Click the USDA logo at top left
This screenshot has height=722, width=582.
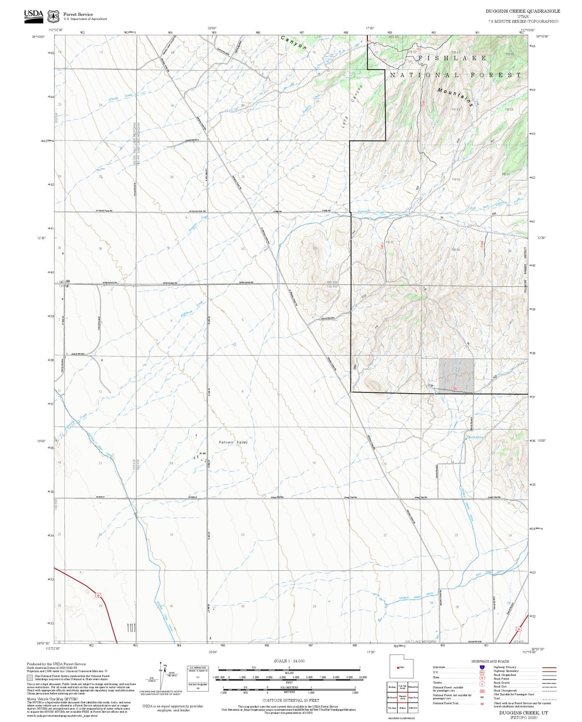pyautogui.click(x=33, y=15)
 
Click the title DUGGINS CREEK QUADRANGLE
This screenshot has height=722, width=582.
pyautogui.click(x=522, y=11)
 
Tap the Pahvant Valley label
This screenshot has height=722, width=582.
pyautogui.click(x=233, y=442)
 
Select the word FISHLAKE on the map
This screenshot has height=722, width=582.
pyautogui.click(x=452, y=58)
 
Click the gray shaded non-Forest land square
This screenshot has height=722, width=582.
pyautogui.click(x=456, y=375)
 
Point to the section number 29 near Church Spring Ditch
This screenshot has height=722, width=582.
pyautogui.click(x=242, y=606)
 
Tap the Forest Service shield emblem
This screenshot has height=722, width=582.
pyautogui.click(x=53, y=16)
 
